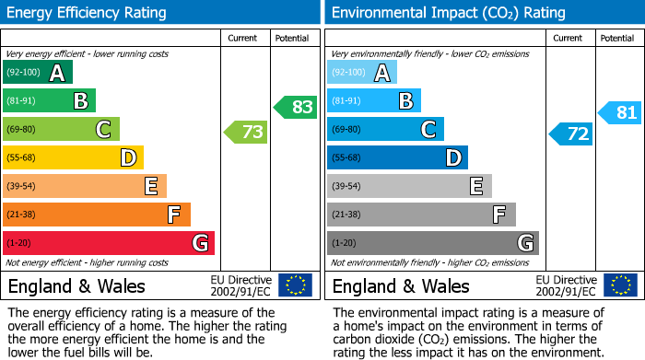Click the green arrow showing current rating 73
click(x=246, y=133)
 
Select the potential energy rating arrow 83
click(x=296, y=107)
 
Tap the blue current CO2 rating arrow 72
click(x=571, y=134)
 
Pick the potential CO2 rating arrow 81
click(x=620, y=113)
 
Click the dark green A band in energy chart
click(x=38, y=73)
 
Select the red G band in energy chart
click(x=109, y=243)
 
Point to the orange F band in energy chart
click(x=97, y=215)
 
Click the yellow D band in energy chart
click(x=73, y=157)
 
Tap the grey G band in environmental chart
click(x=432, y=243)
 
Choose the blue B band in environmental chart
click(x=374, y=100)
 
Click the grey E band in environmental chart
click(x=409, y=186)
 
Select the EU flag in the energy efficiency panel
click(x=296, y=285)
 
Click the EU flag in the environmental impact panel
click(x=620, y=285)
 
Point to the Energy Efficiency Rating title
click(x=88, y=13)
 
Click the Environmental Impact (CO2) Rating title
click(x=447, y=13)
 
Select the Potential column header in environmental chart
click(x=616, y=38)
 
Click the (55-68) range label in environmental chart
click(x=346, y=158)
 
